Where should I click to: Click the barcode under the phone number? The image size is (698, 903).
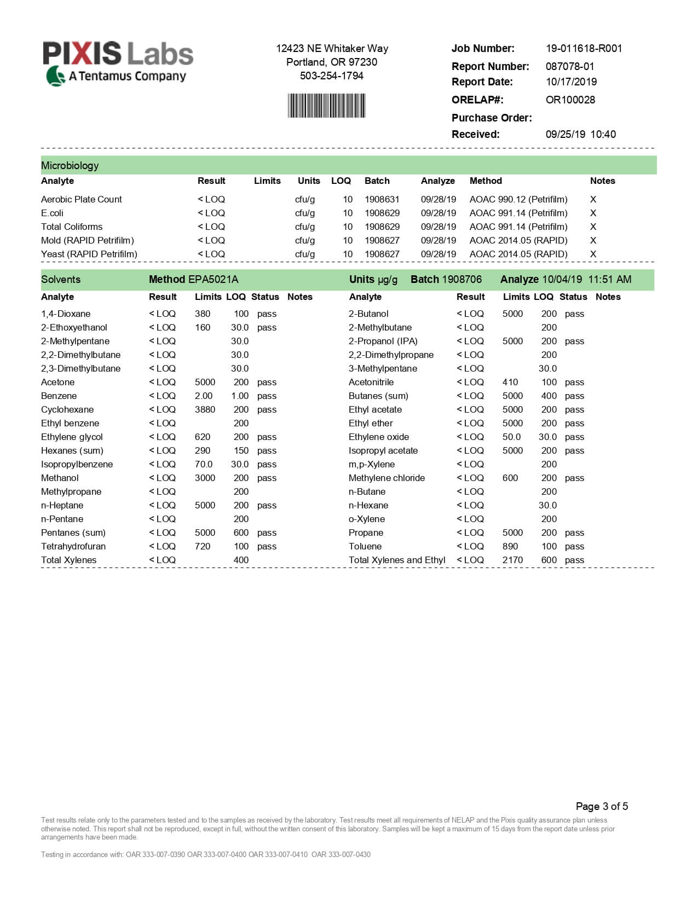click(326, 106)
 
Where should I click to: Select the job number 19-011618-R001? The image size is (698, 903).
click(584, 48)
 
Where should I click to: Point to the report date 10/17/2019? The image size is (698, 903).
click(571, 82)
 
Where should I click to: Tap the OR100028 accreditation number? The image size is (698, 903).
click(570, 100)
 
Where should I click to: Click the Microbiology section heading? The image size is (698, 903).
click(70, 165)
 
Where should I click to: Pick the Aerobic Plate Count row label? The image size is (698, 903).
click(82, 199)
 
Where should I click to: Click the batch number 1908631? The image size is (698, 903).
click(382, 199)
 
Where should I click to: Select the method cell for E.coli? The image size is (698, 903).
click(518, 213)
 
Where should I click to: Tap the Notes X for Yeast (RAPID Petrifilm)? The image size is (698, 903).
click(593, 254)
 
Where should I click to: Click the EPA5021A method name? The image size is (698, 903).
click(213, 279)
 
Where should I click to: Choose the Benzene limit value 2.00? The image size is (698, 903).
click(204, 396)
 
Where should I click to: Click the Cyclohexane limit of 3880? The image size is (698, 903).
click(205, 409)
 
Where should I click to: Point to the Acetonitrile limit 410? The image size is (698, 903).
click(510, 382)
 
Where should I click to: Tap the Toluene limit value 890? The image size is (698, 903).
click(510, 546)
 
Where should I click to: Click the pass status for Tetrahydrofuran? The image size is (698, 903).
click(267, 546)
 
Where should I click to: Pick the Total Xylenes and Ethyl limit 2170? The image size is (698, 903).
click(512, 560)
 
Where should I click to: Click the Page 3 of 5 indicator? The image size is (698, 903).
click(602, 806)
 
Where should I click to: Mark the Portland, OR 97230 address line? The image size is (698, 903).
click(332, 62)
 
